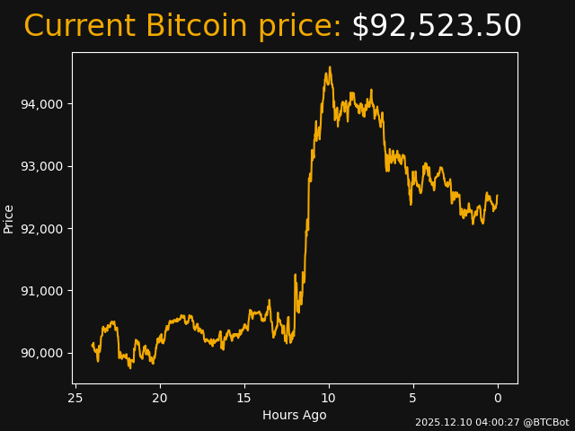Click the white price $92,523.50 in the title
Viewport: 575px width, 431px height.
point(436,27)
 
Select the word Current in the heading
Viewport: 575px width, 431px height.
point(79,27)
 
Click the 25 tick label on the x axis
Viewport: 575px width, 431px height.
point(75,399)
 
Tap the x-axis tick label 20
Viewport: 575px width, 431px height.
point(160,399)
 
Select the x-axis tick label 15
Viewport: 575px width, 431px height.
point(244,399)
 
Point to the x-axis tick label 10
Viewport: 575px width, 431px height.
point(329,399)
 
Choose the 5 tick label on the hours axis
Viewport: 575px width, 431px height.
point(413,399)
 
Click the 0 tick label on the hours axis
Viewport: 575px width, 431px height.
point(498,399)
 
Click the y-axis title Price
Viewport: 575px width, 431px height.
point(9,218)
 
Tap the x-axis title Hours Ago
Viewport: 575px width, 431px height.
point(295,415)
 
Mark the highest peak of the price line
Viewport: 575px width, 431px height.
point(330,66)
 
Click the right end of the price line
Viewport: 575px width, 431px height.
point(497,196)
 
